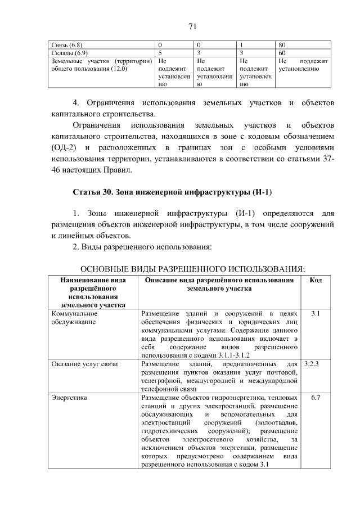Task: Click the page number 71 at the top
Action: click(192, 26)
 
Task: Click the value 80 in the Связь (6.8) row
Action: click(282, 44)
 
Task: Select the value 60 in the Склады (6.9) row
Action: click(282, 52)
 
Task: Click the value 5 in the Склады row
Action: click(160, 52)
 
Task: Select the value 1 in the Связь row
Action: click(241, 44)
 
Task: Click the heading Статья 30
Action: click(93, 192)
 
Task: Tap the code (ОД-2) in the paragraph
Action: click(62, 147)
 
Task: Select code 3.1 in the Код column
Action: click(316, 313)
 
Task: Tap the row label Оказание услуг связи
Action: click(84, 364)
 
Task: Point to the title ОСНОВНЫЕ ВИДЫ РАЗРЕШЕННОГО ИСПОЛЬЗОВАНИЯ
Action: click(192, 268)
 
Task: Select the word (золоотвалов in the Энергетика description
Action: click(276, 422)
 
